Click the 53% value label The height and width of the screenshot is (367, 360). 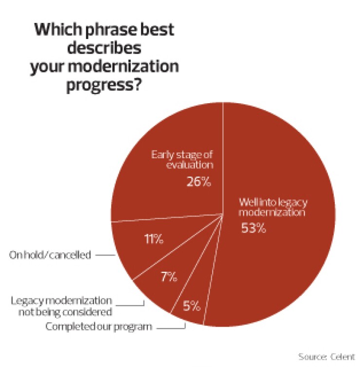pyautogui.click(x=253, y=228)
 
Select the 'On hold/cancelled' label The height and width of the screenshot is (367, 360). pyautogui.click(x=50, y=255)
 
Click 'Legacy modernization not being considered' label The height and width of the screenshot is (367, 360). pyautogui.click(x=61, y=306)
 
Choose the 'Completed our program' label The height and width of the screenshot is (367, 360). pyautogui.click(x=99, y=327)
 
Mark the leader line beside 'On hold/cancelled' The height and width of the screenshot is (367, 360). pyautogui.click(x=104, y=255)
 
